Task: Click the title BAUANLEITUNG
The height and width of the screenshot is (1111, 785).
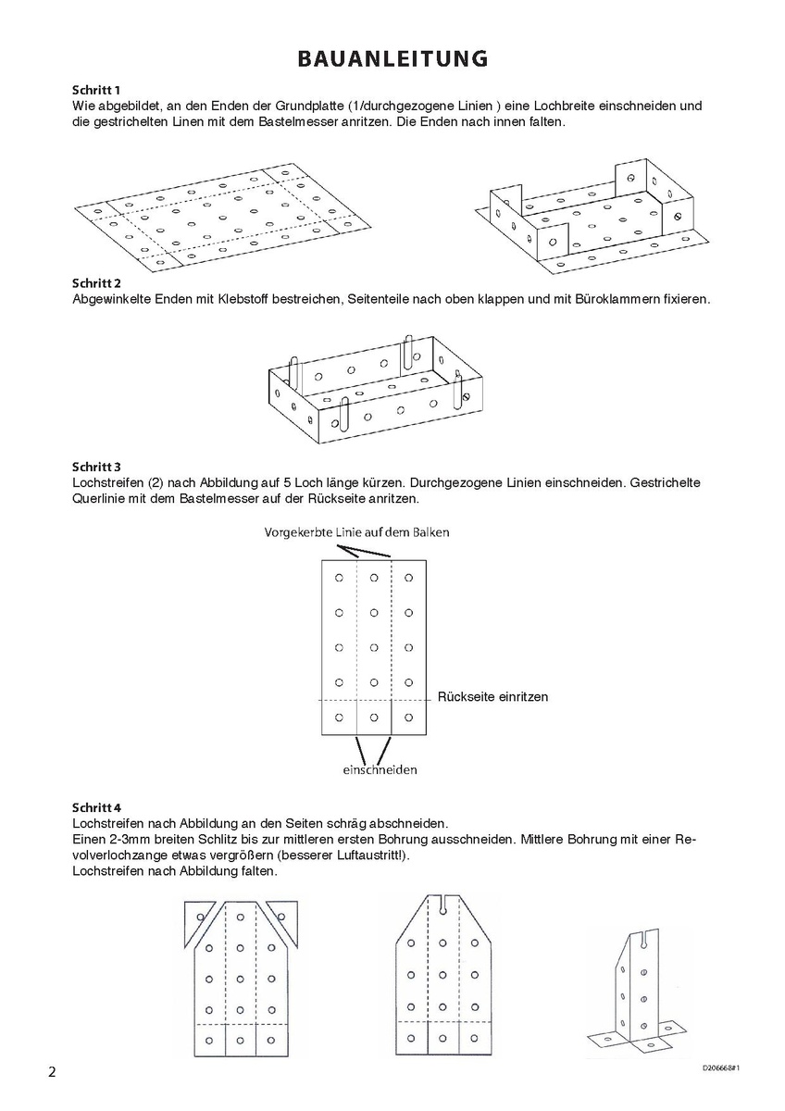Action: (392, 59)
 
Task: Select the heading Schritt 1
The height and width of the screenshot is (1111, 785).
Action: (96, 91)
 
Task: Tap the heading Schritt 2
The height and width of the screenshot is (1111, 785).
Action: (96, 282)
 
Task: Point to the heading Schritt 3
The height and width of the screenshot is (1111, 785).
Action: (96, 467)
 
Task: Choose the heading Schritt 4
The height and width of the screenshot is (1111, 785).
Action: (96, 807)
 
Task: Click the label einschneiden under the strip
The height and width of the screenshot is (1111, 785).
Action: (380, 769)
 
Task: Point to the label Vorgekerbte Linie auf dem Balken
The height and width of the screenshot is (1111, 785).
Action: (357, 532)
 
